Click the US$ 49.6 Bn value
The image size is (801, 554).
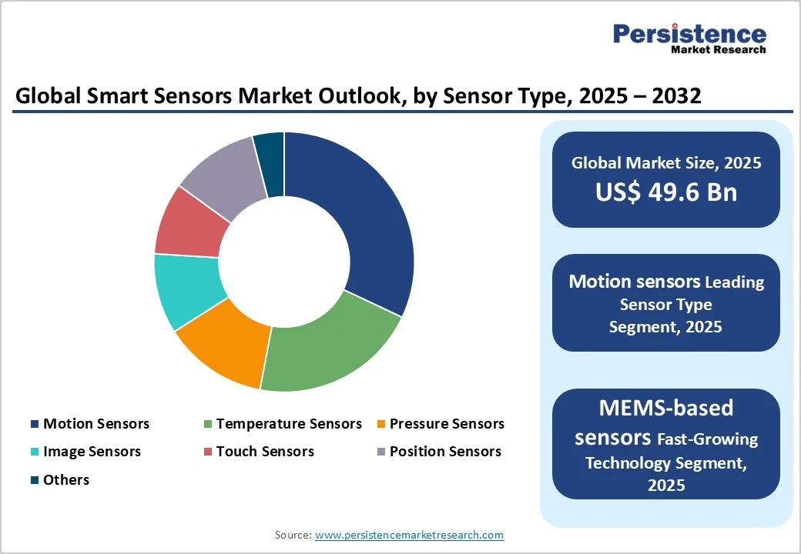click(x=665, y=192)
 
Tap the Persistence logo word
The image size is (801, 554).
click(x=689, y=34)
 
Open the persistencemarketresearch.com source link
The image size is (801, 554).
click(x=410, y=535)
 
